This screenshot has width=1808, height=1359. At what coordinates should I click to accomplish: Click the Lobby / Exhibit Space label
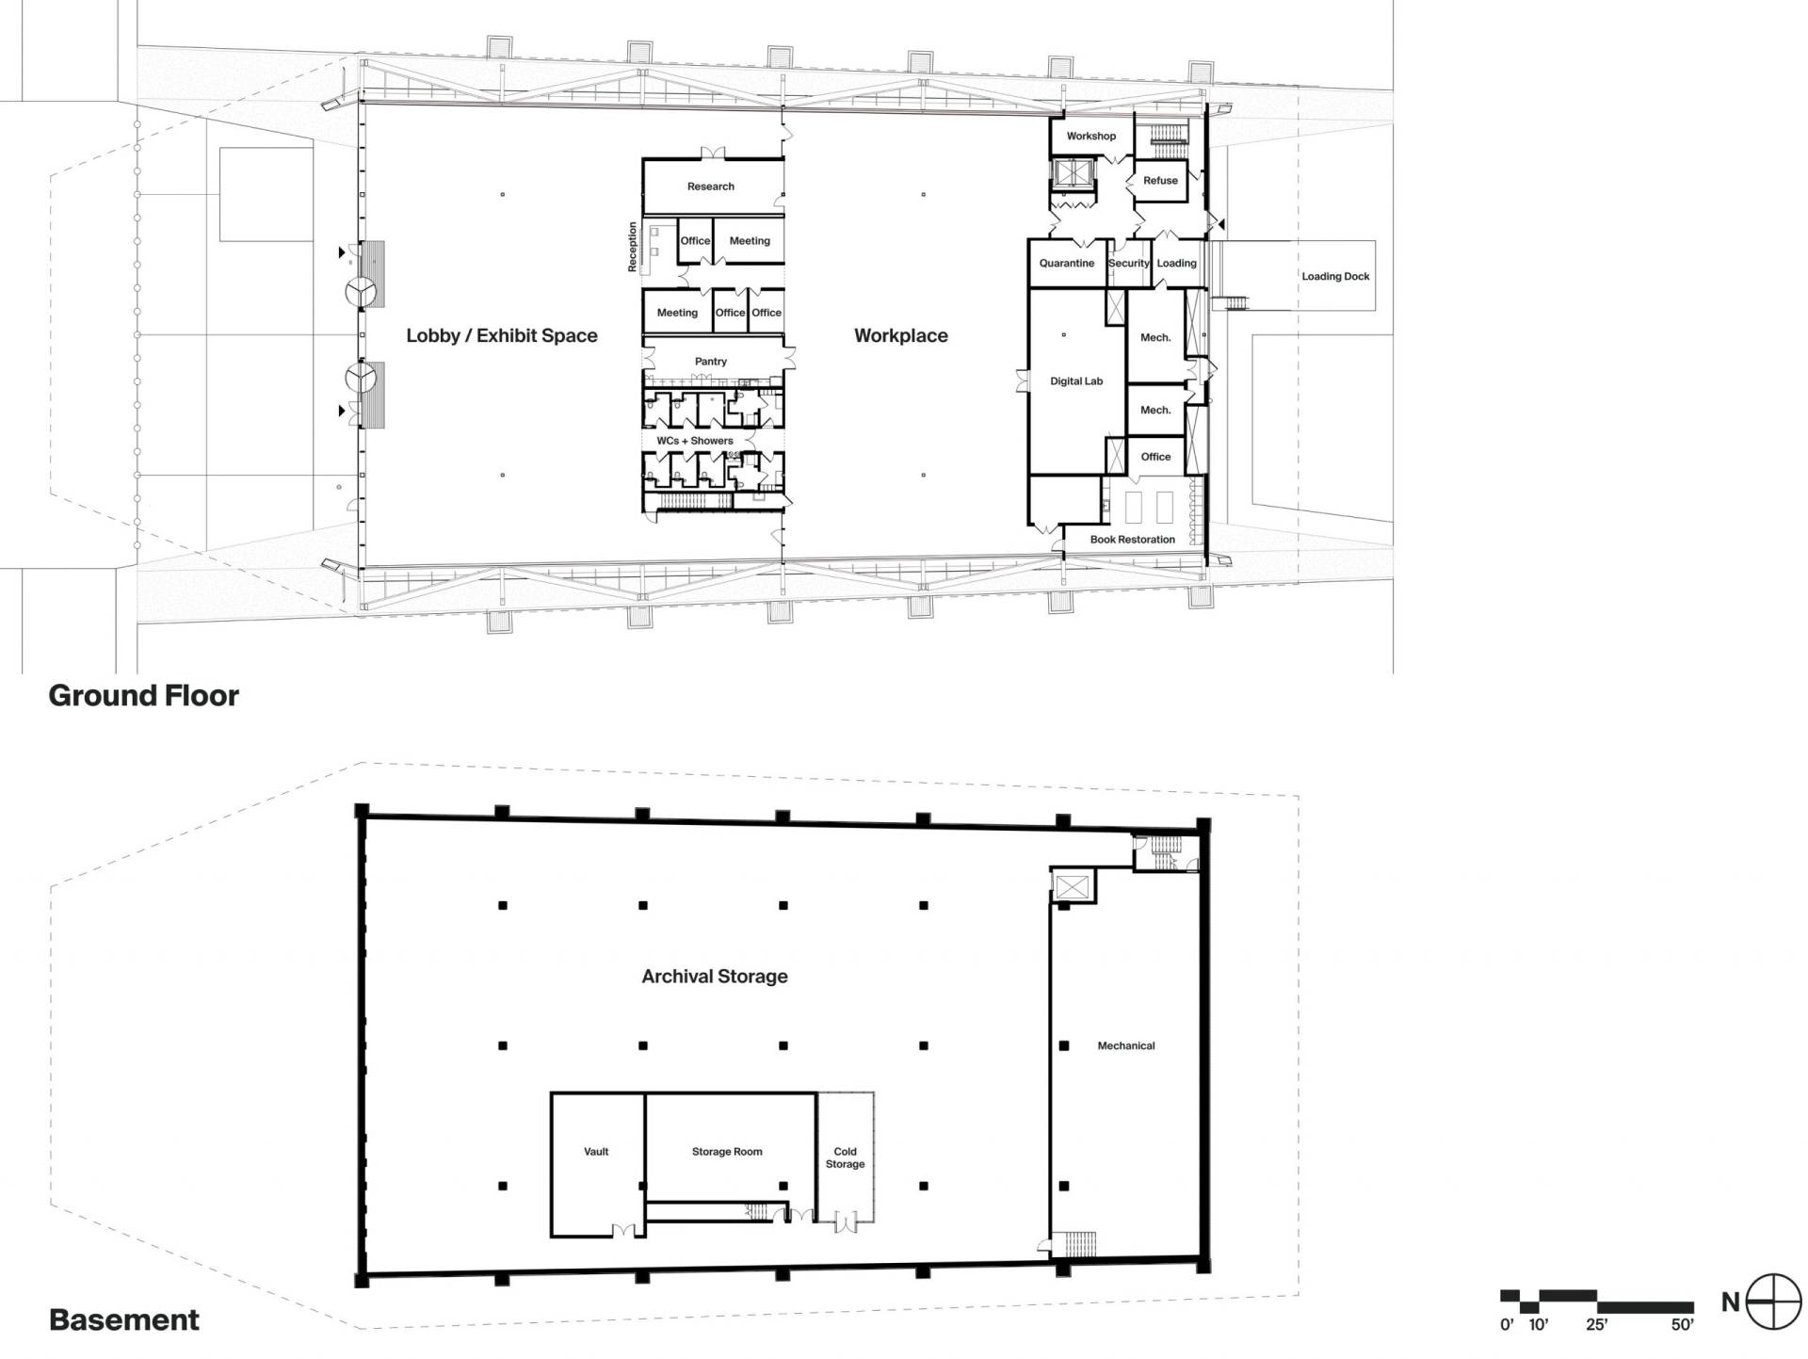point(502,335)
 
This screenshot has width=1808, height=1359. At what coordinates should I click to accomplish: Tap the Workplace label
point(901,335)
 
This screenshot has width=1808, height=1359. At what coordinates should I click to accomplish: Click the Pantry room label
point(711,362)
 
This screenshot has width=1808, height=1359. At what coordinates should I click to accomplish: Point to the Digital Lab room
point(1076,380)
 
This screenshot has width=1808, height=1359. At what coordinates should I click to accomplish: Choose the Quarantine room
point(1067,263)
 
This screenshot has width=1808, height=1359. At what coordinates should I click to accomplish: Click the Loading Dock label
point(1335,276)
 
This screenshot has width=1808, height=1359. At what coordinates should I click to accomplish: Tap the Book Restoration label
point(1133,540)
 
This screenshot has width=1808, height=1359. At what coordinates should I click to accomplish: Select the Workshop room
point(1091,137)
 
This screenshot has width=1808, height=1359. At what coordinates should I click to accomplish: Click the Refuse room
point(1161,181)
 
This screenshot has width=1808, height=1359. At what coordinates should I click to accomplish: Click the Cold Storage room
point(845,1157)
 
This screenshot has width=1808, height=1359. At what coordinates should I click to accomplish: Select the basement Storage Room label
point(727,1152)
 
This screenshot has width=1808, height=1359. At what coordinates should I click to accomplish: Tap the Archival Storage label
point(715,977)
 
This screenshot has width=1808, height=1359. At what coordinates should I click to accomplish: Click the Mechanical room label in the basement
point(1126,1045)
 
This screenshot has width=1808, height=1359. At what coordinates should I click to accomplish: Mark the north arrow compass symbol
point(1773,1302)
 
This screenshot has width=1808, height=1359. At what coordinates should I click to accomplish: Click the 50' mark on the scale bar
point(1683,1325)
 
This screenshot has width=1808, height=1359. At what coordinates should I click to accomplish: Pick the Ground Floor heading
point(144,696)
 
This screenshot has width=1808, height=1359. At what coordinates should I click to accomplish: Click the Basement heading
point(124,1320)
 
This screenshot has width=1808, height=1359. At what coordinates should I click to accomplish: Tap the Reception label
point(633,247)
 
